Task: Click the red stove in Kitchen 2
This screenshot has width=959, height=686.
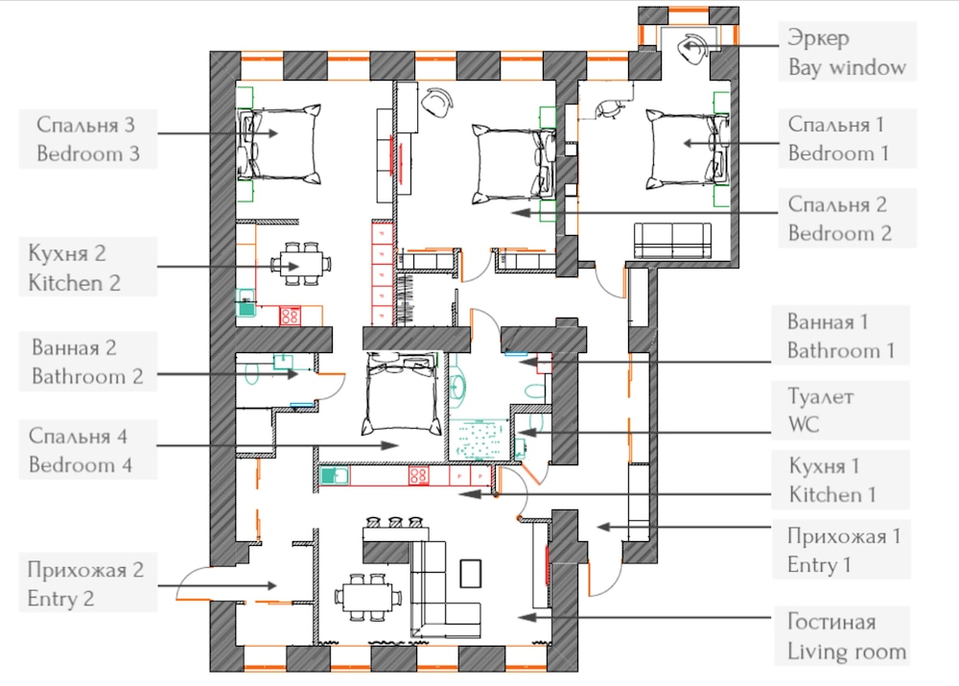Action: (x=290, y=316)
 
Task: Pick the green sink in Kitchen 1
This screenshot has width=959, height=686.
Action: (x=335, y=476)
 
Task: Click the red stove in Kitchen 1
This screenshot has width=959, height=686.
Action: (x=419, y=476)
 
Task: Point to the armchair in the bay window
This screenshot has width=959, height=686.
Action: (x=694, y=47)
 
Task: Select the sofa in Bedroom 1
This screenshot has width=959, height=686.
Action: (x=673, y=240)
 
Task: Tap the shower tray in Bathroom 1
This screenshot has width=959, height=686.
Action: (x=479, y=438)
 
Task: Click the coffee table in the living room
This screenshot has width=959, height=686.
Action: (x=470, y=574)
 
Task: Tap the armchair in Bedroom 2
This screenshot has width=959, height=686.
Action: (x=438, y=102)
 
